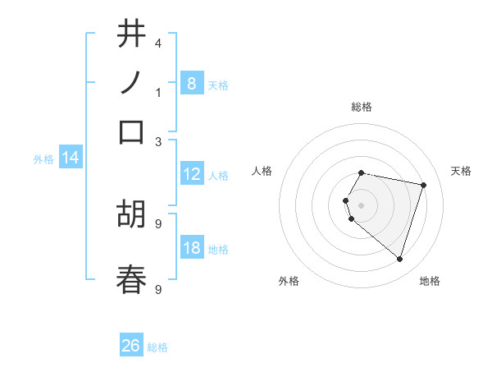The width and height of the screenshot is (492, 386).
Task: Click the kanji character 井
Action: [x=131, y=35]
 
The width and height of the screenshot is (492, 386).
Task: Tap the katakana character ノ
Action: [x=131, y=82]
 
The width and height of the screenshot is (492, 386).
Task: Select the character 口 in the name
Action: [x=131, y=131]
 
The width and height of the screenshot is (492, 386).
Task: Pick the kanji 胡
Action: [x=131, y=214]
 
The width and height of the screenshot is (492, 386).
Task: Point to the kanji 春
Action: [x=131, y=279]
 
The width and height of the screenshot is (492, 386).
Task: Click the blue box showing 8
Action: [x=191, y=83]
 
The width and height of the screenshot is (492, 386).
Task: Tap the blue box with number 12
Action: [x=191, y=174]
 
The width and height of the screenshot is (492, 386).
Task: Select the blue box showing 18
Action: [x=191, y=248]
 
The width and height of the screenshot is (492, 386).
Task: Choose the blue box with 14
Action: [x=70, y=158]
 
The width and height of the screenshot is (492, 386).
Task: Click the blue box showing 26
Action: [x=131, y=346]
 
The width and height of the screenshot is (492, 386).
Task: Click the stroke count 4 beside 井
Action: [x=157, y=43]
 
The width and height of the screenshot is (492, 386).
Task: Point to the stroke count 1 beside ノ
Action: [x=157, y=92]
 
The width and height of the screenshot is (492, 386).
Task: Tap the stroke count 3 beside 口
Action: [x=157, y=141]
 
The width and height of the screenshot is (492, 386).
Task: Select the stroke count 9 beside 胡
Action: [x=157, y=223]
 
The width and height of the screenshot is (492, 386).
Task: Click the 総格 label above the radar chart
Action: [x=362, y=107]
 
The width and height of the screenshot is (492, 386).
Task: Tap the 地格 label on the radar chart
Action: [x=430, y=281]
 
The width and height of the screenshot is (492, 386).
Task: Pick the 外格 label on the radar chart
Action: [x=289, y=281]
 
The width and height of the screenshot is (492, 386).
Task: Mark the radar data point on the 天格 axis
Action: [x=423, y=185]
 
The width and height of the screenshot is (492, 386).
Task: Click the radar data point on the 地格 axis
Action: [x=399, y=259]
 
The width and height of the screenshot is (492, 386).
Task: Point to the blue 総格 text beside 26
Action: [x=157, y=347]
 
